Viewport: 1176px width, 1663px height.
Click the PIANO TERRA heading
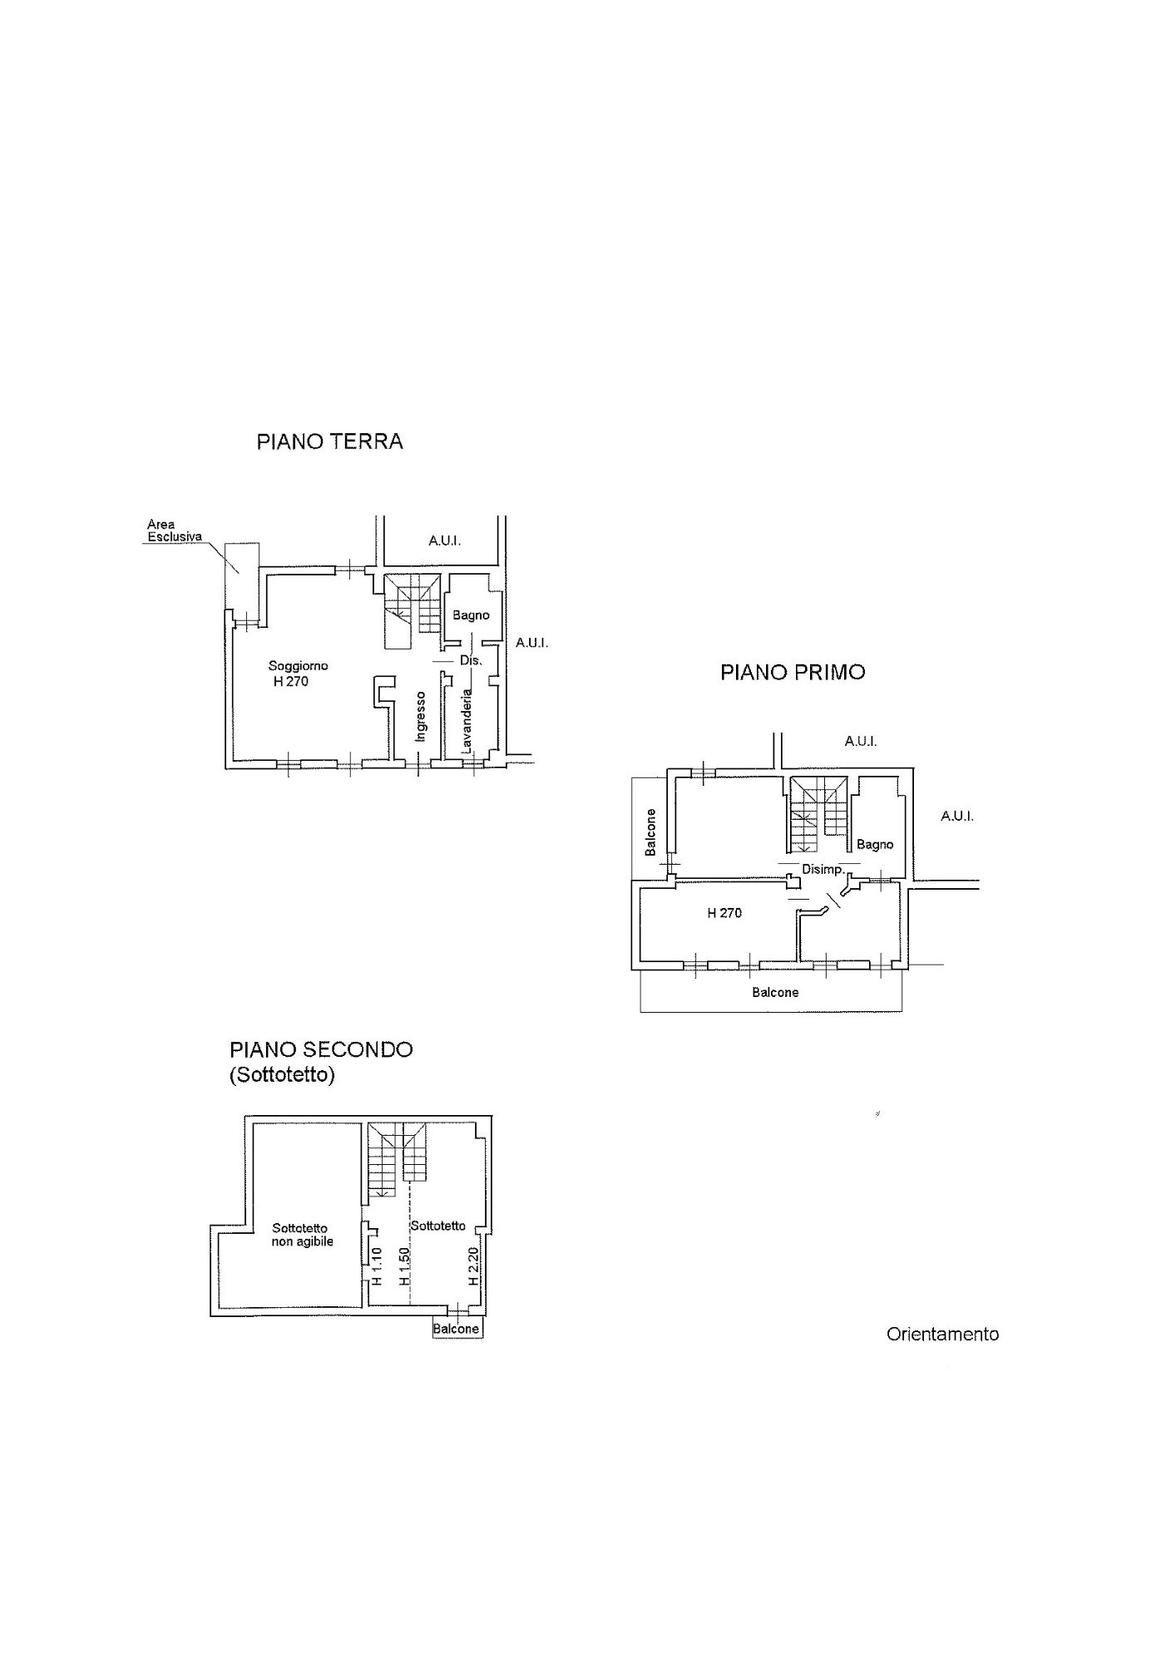tap(329, 442)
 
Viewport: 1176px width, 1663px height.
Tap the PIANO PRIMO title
tap(792, 673)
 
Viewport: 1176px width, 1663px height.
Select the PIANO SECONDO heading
tap(321, 1049)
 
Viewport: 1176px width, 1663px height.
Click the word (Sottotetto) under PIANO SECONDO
tap(282, 1075)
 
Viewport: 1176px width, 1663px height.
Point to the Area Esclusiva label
tap(174, 530)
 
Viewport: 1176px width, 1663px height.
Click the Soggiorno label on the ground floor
tap(298, 666)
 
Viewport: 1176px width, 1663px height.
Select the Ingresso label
tap(421, 716)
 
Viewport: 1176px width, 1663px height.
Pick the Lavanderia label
tap(467, 721)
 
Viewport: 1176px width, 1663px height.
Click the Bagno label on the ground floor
tap(471, 615)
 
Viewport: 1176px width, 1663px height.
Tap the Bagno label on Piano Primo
tap(875, 845)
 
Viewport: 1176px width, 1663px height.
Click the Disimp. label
tap(823, 870)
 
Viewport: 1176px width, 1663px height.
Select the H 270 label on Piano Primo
tap(724, 913)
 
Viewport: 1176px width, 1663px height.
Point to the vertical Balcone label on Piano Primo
tap(650, 832)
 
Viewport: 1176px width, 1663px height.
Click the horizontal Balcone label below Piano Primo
tap(775, 992)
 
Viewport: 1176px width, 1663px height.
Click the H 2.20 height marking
tap(472, 1266)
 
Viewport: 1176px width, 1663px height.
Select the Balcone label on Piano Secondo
tap(457, 1329)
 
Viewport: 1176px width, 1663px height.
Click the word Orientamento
tap(942, 1335)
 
